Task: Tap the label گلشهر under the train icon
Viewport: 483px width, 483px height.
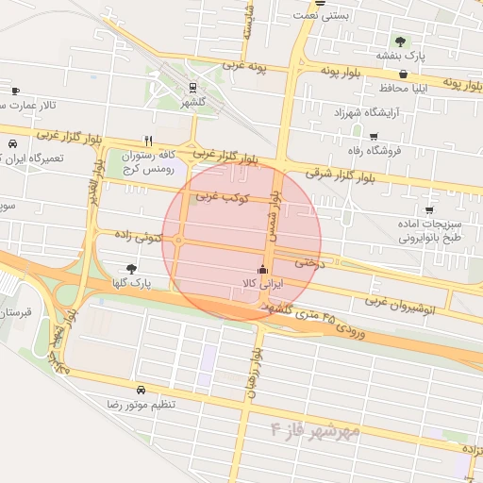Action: tap(192, 101)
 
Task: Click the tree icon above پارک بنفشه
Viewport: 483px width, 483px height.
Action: tap(400, 42)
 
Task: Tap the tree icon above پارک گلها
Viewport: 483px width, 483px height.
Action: tap(130, 269)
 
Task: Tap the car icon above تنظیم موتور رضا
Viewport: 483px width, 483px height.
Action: tap(141, 390)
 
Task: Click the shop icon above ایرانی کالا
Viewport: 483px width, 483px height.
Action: tap(261, 269)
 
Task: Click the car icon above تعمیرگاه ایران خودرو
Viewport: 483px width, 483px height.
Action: tap(12, 144)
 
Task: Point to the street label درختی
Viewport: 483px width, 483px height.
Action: tap(308, 262)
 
